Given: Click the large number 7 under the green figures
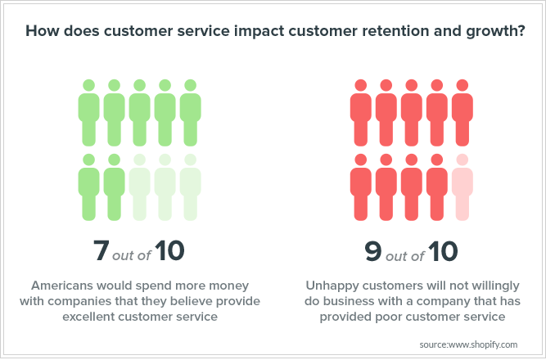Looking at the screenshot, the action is [102, 250].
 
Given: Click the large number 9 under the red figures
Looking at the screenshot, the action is [373, 251].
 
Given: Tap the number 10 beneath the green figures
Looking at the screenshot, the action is [169, 250].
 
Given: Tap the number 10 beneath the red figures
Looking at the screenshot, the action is [443, 251].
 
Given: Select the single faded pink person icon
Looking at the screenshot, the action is [462, 187].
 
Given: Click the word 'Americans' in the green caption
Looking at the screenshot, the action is [61, 286].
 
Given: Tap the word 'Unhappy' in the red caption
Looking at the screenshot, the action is [332, 286].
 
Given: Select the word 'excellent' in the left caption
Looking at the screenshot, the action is [88, 317].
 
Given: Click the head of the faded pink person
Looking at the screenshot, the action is [462, 160].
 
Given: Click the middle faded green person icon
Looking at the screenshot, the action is [165, 187].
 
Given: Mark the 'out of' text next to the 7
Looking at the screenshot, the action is [132, 255].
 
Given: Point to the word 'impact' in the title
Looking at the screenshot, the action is [259, 31].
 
